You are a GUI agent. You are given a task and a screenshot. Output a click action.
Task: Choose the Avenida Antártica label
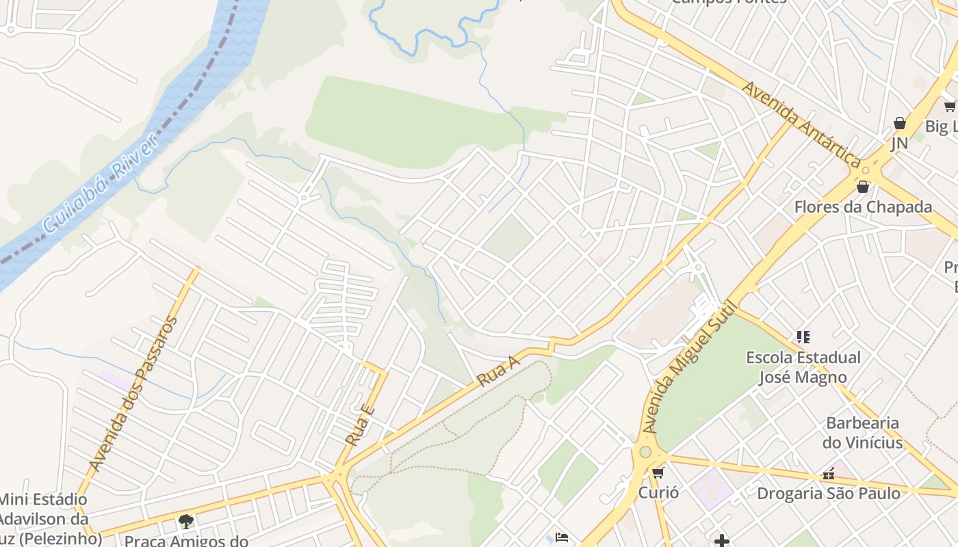point(801,124)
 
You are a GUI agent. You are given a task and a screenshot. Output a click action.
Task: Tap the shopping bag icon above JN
point(899,123)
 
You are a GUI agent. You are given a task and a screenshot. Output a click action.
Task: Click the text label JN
point(899,143)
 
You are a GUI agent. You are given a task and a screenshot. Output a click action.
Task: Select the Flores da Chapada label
point(863,206)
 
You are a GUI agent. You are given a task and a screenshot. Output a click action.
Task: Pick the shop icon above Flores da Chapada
point(863,186)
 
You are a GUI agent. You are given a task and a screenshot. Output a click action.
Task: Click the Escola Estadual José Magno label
point(803,367)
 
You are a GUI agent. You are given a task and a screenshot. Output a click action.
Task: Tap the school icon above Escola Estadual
point(803,336)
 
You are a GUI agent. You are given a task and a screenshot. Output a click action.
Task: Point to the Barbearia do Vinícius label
point(862,432)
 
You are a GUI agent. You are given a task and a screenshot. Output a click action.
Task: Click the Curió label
point(658,492)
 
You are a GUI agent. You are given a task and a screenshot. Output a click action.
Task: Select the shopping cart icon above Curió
point(658,472)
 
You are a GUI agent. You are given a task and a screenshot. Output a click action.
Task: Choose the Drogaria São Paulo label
point(828,492)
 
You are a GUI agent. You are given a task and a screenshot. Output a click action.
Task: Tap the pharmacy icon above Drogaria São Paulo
point(829,473)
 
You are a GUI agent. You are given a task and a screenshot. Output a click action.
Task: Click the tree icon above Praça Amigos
point(185,522)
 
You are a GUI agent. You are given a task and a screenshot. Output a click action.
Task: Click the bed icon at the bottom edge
point(562,537)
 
